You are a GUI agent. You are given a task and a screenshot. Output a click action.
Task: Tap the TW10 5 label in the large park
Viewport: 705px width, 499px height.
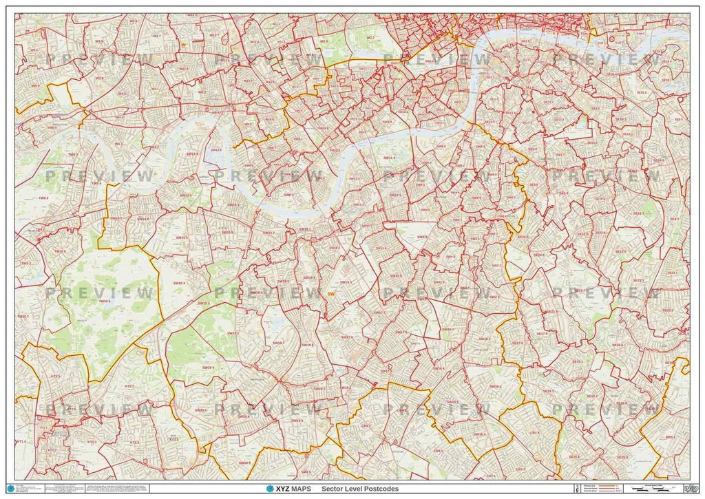(105, 301)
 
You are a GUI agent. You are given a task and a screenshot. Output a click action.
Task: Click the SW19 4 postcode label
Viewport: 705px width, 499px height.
(208, 368)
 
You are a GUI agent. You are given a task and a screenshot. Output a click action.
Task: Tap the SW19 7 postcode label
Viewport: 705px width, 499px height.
(278, 342)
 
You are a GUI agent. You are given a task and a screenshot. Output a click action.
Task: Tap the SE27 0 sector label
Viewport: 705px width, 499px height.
(518, 342)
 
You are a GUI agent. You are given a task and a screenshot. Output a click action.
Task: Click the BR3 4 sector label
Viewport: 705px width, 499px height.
(669, 436)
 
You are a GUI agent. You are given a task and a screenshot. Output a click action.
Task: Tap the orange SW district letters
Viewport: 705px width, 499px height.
(332, 294)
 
